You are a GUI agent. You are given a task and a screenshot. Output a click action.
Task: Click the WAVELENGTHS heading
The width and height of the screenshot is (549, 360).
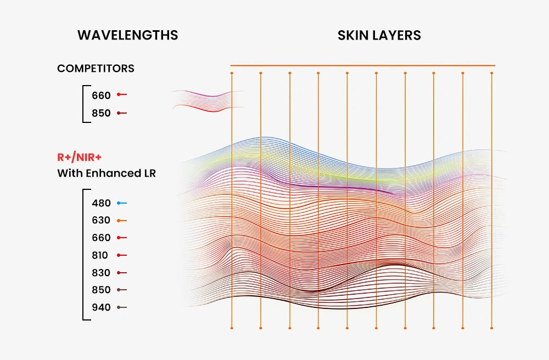click(x=127, y=35)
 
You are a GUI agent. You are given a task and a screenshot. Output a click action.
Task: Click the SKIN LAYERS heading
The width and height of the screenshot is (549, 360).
click(x=379, y=35)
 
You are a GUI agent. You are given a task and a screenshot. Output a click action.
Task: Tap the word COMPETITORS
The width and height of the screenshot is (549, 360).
click(x=96, y=69)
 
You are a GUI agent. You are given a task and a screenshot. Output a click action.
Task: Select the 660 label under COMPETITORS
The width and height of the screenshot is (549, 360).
click(x=101, y=95)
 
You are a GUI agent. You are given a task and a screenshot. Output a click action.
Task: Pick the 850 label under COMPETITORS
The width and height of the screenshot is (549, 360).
click(x=101, y=113)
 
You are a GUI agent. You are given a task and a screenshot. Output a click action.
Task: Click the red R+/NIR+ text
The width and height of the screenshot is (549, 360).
click(x=79, y=157)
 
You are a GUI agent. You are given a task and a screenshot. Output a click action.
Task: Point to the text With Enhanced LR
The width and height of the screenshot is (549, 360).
click(x=107, y=173)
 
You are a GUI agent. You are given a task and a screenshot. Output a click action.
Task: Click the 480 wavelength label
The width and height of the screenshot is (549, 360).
click(x=101, y=203)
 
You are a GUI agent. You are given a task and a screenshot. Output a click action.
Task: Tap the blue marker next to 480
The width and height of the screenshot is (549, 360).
click(x=122, y=203)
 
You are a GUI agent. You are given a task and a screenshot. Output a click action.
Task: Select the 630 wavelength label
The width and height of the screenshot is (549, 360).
click(x=101, y=221)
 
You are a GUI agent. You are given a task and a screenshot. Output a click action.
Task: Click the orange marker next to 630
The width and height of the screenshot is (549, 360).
click(x=122, y=221)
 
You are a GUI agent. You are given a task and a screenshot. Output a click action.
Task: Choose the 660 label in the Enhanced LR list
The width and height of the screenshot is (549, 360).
click(x=101, y=238)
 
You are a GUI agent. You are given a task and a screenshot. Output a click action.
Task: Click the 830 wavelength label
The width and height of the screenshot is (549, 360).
click(x=101, y=273)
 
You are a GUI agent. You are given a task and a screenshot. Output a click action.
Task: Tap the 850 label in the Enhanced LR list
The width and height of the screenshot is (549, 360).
click(x=101, y=290)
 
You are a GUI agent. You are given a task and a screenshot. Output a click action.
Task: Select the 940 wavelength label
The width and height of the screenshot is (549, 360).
click(x=101, y=307)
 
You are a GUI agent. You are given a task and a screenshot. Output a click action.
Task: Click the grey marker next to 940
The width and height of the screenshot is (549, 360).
click(x=122, y=307)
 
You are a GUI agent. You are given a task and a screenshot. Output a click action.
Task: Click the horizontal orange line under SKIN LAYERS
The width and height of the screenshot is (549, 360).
click(x=362, y=66)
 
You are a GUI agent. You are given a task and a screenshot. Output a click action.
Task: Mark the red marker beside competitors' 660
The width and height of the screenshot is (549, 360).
click(x=122, y=95)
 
